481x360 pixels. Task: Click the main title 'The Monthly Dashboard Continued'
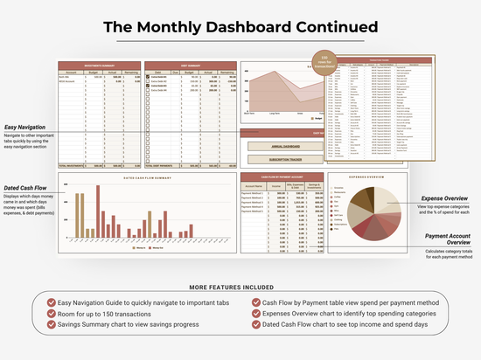click(x=240, y=26)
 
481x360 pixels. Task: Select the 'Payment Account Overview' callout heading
click(x=449, y=239)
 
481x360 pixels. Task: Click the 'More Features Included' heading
click(x=240, y=286)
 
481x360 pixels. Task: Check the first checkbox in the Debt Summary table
click(x=148, y=78)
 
